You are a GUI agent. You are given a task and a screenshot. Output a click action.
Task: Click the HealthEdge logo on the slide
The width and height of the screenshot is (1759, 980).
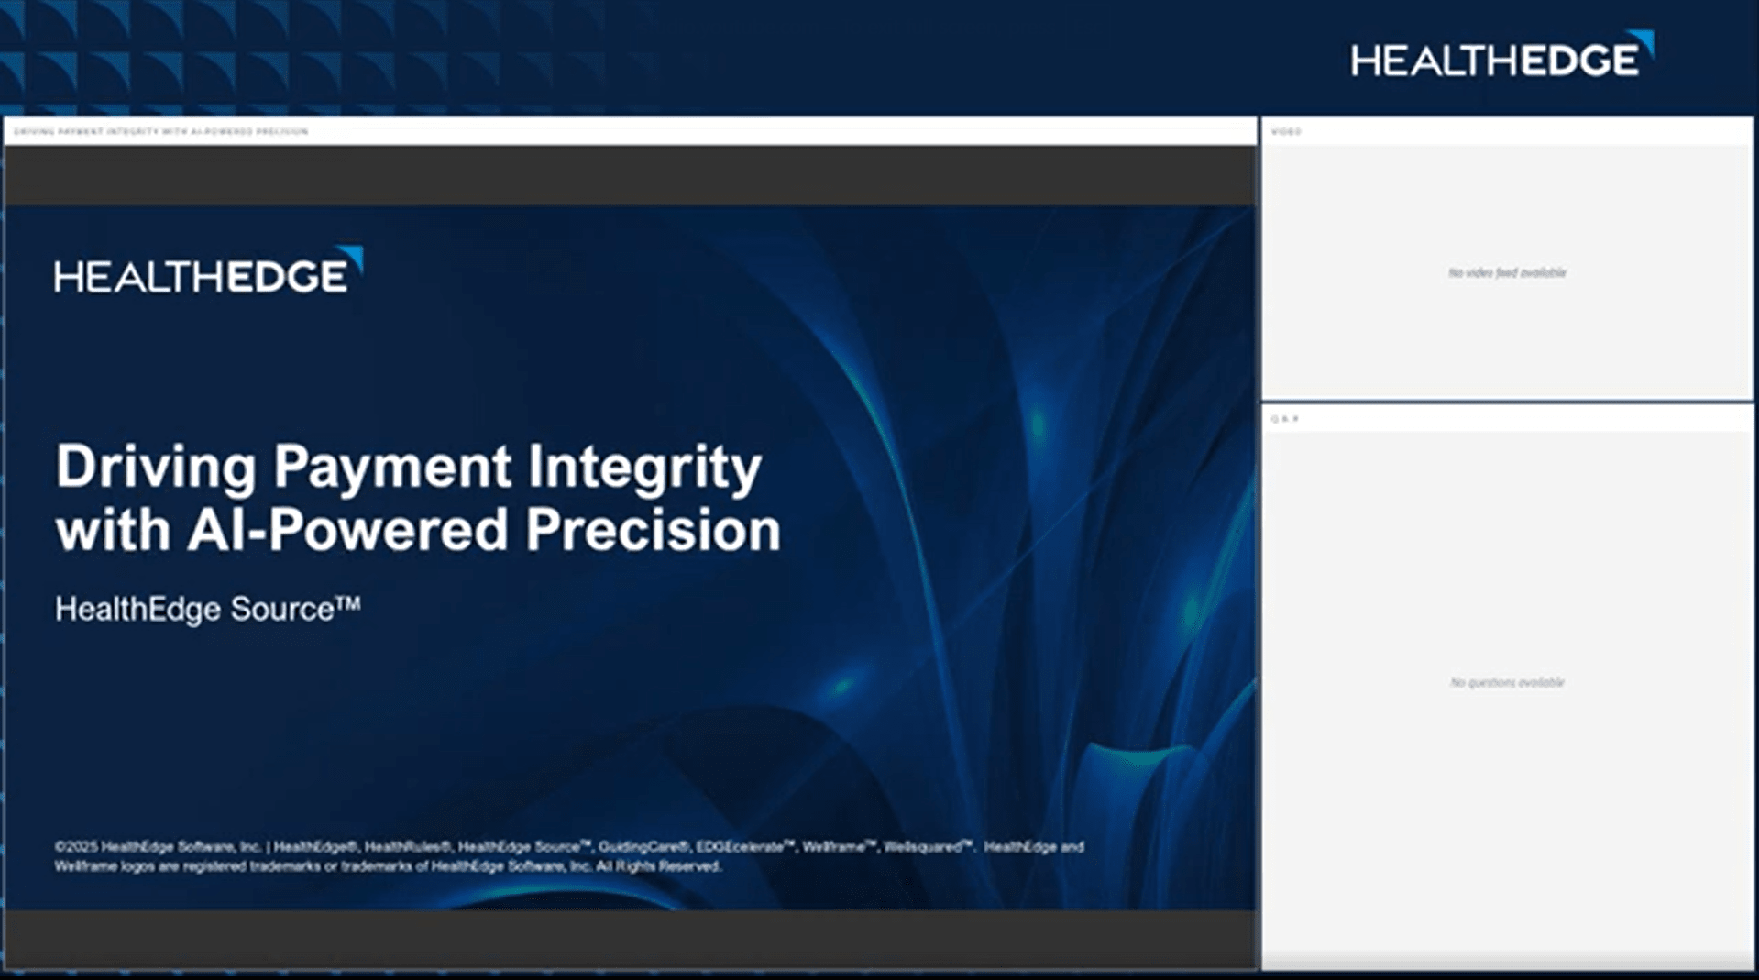click(x=207, y=272)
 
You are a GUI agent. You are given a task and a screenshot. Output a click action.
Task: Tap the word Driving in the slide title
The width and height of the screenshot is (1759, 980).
click(x=156, y=467)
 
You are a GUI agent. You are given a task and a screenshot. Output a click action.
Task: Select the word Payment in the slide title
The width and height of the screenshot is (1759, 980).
click(x=392, y=467)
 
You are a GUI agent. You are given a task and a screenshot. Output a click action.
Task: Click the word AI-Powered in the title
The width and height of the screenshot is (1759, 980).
click(x=347, y=530)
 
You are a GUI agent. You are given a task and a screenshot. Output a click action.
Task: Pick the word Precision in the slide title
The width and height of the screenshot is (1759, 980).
click(x=653, y=530)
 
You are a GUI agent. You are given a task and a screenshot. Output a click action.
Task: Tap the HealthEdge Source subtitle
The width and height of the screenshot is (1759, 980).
click(x=194, y=610)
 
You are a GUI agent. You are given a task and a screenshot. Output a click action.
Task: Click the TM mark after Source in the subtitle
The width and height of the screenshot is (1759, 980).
click(x=348, y=603)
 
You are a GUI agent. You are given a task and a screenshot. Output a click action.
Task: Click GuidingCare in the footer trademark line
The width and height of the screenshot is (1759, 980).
click(x=643, y=847)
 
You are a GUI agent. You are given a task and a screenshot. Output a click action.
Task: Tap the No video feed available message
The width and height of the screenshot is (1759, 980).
click(x=1507, y=273)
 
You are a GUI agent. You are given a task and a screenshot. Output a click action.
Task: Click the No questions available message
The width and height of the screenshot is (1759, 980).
click(x=1507, y=683)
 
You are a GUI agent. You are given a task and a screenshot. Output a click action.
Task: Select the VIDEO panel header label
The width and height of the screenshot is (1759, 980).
click(x=1286, y=132)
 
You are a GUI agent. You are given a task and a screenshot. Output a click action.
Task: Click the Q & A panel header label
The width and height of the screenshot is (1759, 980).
click(x=1285, y=419)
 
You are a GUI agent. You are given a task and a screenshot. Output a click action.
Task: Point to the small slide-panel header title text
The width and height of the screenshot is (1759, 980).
click(x=161, y=132)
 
